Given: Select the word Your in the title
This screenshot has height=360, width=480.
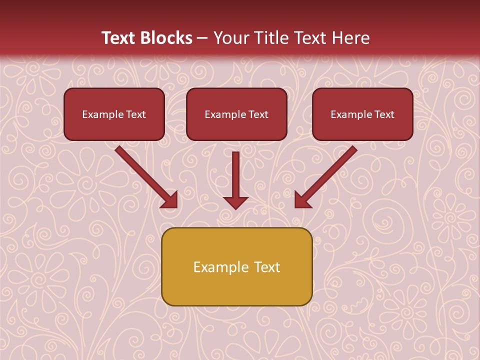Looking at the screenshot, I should pos(229,38).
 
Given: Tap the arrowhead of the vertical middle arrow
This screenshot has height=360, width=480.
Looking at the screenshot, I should pos(235,203).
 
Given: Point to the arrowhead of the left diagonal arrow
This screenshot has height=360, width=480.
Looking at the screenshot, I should pos(170,199).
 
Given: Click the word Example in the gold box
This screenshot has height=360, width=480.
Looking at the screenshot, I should pos(214,267).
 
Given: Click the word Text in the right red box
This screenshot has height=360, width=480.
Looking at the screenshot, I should pos(384,114).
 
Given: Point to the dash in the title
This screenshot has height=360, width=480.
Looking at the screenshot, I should pos(202,38).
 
